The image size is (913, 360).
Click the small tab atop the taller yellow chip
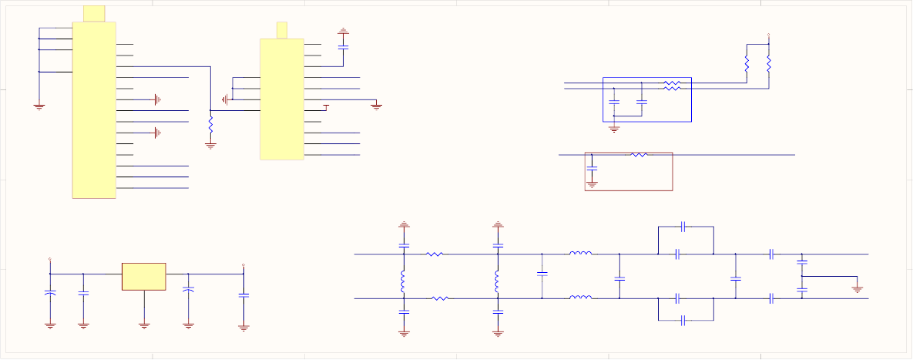pyautogui.click(x=93, y=13)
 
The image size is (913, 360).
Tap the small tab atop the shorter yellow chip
pyautogui.click(x=282, y=30)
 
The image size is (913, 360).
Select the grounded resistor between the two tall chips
pyautogui.click(x=210, y=123)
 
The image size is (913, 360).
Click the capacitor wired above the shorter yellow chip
pyautogui.click(x=343, y=47)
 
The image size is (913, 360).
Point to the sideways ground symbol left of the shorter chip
pyautogui.click(x=225, y=99)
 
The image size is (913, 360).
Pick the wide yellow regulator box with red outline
pyautogui.click(x=144, y=277)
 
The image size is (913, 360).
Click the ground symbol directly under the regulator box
pyautogui.click(x=144, y=325)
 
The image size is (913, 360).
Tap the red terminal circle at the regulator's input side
pyautogui.click(x=50, y=260)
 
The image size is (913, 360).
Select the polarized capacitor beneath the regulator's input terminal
pyautogui.click(x=50, y=294)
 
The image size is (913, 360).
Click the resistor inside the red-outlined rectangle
pyautogui.click(x=639, y=155)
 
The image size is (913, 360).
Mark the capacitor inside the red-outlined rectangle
pyautogui.click(x=592, y=167)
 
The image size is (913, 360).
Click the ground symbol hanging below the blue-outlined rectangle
pyautogui.click(x=614, y=129)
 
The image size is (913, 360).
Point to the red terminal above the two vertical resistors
pyautogui.click(x=769, y=35)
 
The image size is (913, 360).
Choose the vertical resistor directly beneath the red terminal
pyautogui.click(x=769, y=66)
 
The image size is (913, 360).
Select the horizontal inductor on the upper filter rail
pyautogui.click(x=580, y=254)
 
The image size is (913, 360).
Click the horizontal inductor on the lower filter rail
pyautogui.click(x=580, y=298)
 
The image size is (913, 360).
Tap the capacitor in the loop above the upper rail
pyautogui.click(x=684, y=227)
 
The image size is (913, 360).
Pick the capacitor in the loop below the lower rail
pyautogui.click(x=684, y=319)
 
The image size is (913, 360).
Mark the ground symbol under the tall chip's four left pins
pyautogui.click(x=39, y=106)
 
